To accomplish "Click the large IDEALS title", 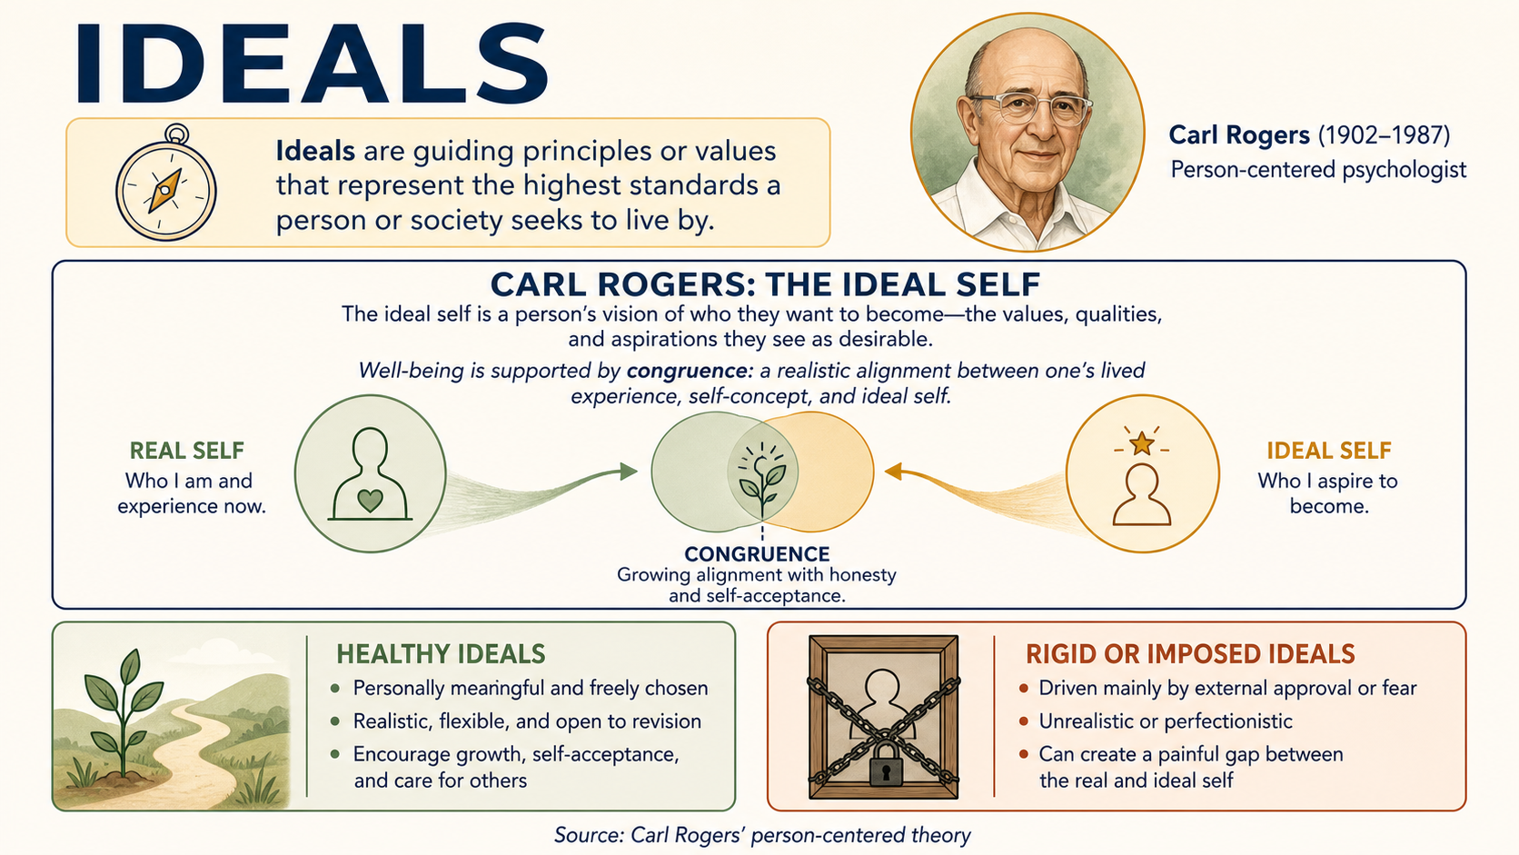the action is point(312,63).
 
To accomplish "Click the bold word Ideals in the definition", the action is point(315,151).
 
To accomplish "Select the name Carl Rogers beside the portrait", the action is point(1239,135).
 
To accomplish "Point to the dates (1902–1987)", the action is point(1384,135).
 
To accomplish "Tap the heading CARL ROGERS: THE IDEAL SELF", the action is point(766,284).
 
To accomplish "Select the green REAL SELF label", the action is point(186,450).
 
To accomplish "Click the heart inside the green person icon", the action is point(371,501).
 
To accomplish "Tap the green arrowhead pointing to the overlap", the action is point(630,472).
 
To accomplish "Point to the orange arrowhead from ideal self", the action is point(894,471).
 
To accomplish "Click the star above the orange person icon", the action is point(1142,443).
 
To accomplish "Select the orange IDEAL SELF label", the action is point(1329,450).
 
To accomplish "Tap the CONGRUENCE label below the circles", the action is point(757,554).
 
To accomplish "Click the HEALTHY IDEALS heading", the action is point(441,654).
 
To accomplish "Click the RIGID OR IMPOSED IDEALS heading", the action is point(1190,654).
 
